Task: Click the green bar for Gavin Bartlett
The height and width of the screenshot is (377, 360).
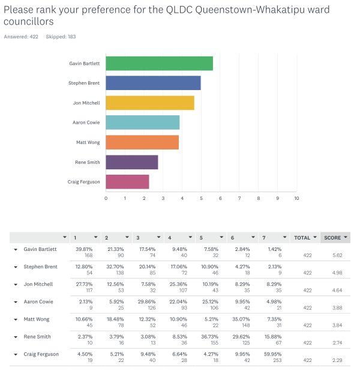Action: click(x=160, y=64)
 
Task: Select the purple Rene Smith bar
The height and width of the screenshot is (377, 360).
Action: click(x=132, y=162)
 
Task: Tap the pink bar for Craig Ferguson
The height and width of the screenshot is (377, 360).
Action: click(x=127, y=182)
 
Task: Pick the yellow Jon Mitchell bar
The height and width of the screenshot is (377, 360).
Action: click(x=150, y=103)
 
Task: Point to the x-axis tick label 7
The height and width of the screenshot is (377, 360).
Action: click(x=239, y=198)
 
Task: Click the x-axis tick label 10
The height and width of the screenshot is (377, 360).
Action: click(x=296, y=198)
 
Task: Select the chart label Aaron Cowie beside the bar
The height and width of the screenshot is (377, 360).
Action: click(x=86, y=122)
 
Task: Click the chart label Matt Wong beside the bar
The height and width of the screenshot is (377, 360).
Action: click(x=88, y=142)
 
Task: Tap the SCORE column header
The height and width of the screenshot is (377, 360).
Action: click(x=332, y=238)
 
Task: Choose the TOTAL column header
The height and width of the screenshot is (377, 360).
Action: click(x=302, y=238)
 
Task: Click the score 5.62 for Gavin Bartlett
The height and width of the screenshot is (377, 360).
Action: click(x=337, y=255)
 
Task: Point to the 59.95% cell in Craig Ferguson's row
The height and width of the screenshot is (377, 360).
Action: click(x=272, y=354)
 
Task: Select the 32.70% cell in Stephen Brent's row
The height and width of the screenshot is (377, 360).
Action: click(x=115, y=267)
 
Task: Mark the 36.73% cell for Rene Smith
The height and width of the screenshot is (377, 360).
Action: click(x=209, y=337)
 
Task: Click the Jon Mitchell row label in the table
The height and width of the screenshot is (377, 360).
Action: click(x=38, y=284)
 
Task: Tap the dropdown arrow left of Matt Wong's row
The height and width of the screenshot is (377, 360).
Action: click(x=16, y=319)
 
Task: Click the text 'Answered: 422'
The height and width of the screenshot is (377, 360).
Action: click(x=21, y=37)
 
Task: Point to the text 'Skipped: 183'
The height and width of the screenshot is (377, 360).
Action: click(x=61, y=37)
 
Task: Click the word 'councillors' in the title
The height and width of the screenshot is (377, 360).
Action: click(x=29, y=22)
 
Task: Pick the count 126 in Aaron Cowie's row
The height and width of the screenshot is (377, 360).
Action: click(x=151, y=308)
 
